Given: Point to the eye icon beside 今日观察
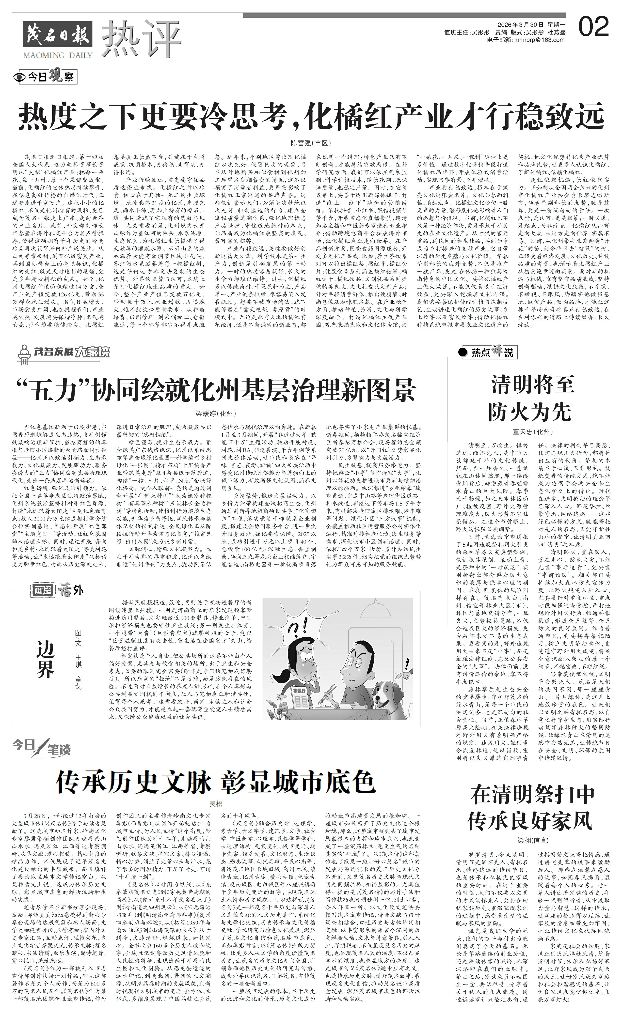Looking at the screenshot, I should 18,77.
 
